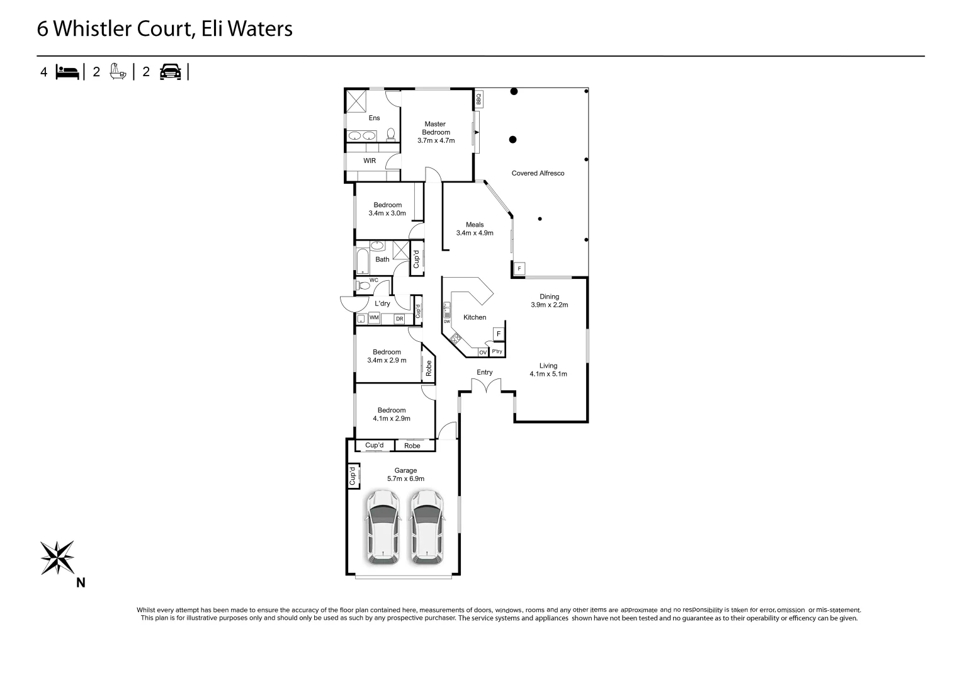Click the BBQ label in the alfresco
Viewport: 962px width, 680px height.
pyautogui.click(x=478, y=99)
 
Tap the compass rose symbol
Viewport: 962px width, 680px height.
pyautogui.click(x=57, y=557)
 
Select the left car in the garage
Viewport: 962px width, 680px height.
pyautogui.click(x=383, y=527)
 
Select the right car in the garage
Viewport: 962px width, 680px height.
pyautogui.click(x=427, y=527)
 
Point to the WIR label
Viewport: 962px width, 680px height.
pyautogui.click(x=370, y=161)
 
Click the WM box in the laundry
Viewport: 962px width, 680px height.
pyautogui.click(x=374, y=318)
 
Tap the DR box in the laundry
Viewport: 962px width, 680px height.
pyautogui.click(x=399, y=319)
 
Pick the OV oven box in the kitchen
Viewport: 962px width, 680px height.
pyautogui.click(x=483, y=353)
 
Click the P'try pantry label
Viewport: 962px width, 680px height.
pyautogui.click(x=497, y=352)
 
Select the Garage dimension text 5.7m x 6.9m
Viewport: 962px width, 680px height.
pyautogui.click(x=405, y=479)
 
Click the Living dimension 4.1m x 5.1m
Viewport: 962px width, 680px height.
pyautogui.click(x=548, y=374)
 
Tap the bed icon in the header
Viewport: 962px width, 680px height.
pyautogui.click(x=67, y=72)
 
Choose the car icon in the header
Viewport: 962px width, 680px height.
pyautogui.click(x=170, y=72)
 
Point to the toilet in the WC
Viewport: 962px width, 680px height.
pyautogui.click(x=363, y=286)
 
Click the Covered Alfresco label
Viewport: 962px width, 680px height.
pyautogui.click(x=538, y=173)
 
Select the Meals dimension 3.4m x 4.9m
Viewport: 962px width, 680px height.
pyautogui.click(x=475, y=233)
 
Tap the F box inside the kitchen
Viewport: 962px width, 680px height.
pyautogui.click(x=498, y=334)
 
